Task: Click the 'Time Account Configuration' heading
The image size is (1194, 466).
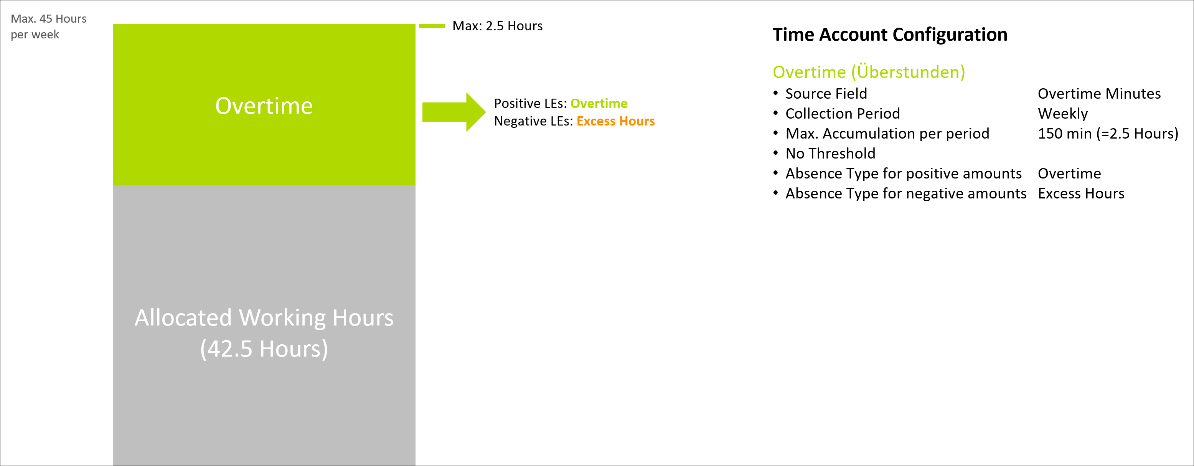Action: [890, 35]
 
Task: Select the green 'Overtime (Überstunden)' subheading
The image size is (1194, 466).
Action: [869, 72]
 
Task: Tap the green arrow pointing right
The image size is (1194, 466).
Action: [454, 112]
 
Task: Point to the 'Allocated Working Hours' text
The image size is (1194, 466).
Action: [264, 318]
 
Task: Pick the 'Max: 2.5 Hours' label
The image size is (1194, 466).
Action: [497, 26]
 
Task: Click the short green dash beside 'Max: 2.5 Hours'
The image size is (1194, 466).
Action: [432, 26]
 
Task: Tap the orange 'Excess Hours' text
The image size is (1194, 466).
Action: [615, 121]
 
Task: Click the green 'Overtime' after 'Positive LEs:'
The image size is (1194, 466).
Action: [599, 103]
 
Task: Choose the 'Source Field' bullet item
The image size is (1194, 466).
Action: [826, 94]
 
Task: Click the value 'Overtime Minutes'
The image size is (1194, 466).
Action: [1099, 94]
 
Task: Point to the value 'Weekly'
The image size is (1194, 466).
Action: [1063, 114]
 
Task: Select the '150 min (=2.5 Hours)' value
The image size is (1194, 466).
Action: [1108, 134]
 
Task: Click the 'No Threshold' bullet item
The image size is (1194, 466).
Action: [830, 154]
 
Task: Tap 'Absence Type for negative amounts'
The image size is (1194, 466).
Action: [906, 193]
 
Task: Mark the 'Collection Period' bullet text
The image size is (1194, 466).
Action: [843, 114]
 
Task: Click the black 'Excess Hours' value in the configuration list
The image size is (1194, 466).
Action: [1081, 193]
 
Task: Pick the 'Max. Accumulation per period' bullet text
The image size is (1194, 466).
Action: [887, 134]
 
